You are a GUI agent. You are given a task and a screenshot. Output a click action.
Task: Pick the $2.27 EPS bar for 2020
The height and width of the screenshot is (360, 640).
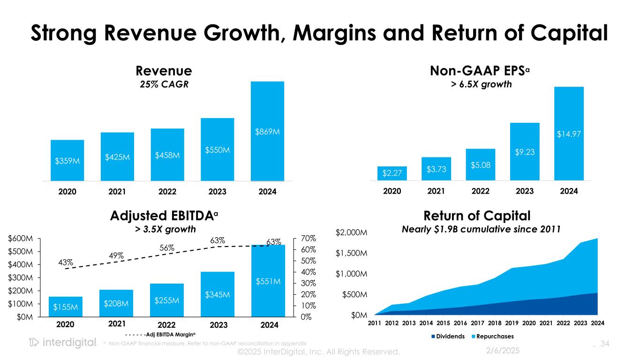[392, 173]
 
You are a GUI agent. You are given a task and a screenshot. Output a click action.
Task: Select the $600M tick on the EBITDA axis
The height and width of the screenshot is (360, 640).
[22, 239]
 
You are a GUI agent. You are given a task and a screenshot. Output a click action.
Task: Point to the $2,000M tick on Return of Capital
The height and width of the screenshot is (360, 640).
[351, 232]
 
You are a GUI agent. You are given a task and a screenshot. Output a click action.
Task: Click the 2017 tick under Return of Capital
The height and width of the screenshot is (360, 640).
[477, 323]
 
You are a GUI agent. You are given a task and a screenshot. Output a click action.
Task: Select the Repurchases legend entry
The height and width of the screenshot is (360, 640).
[495, 336]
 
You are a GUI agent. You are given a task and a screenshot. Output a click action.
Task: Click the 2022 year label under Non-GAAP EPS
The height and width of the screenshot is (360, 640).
[480, 192]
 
